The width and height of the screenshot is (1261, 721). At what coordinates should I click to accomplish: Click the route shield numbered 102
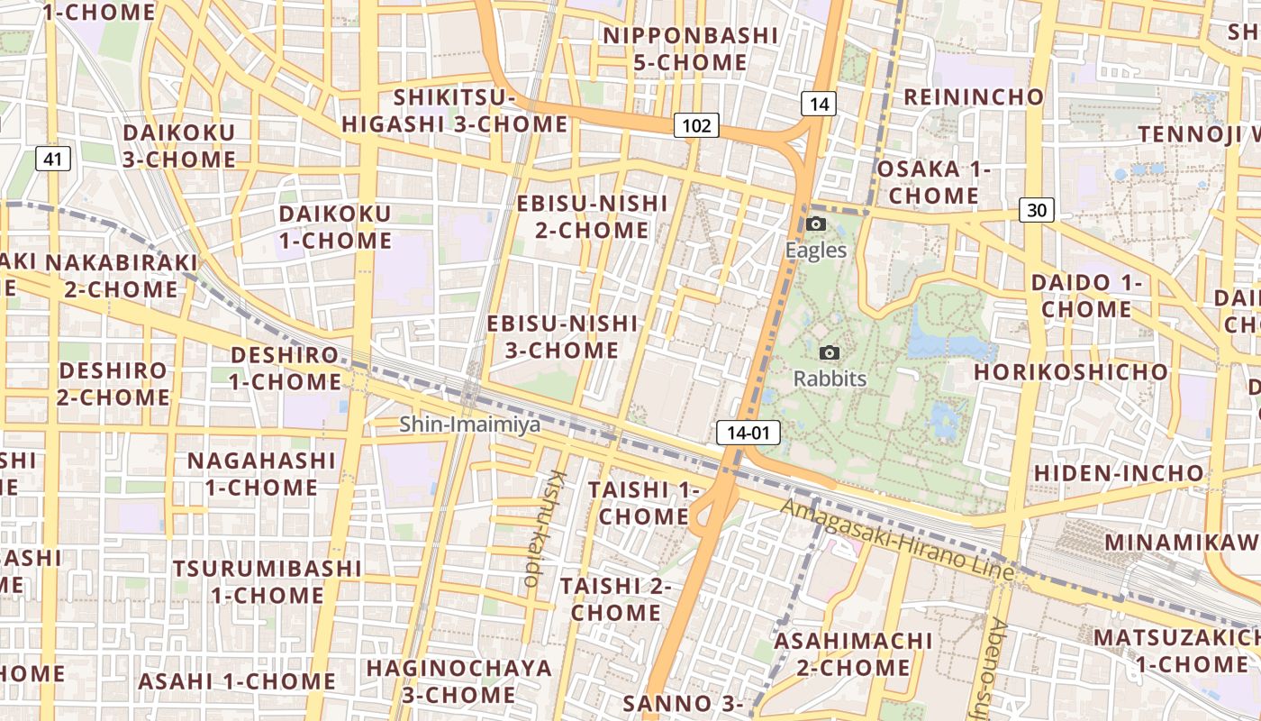point(696,125)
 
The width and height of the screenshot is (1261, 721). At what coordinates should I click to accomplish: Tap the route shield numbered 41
point(54,160)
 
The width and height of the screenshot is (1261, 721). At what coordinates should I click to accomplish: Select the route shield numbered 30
point(1037,210)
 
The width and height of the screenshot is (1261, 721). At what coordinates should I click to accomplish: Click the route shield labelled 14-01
point(748,433)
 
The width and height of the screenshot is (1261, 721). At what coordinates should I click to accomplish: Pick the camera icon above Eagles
point(816,224)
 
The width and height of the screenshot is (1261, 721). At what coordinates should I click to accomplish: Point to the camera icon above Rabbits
point(830,352)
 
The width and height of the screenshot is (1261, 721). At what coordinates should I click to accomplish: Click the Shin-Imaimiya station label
point(470,424)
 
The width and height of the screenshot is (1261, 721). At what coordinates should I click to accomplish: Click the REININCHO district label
point(974,96)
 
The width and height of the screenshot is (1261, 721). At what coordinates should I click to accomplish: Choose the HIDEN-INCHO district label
point(1118,472)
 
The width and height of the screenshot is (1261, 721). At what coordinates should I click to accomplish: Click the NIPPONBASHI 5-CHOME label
point(690,49)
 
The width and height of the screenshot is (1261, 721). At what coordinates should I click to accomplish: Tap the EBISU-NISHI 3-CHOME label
point(562,336)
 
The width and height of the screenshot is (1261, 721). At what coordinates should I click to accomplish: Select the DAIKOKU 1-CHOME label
point(335,227)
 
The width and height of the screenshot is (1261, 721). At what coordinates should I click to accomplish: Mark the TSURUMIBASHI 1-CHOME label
point(268,581)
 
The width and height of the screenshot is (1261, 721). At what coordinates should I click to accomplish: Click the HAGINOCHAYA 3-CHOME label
point(458,681)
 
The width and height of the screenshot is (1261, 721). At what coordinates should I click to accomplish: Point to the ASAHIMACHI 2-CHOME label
point(853,653)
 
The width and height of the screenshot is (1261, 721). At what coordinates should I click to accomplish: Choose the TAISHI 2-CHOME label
point(616,598)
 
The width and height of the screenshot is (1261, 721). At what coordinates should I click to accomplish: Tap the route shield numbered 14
point(818,104)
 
